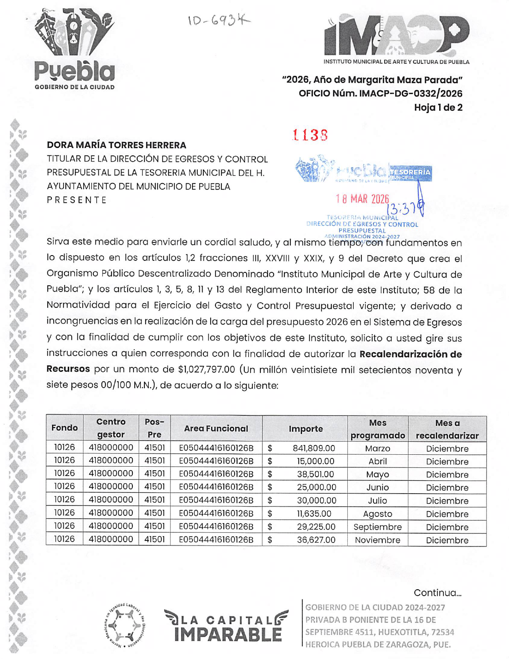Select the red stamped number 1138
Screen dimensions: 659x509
(310, 135)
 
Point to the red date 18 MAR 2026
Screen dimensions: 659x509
(362, 199)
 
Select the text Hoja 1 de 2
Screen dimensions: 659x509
(438, 107)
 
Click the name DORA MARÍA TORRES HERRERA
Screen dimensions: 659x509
(116, 145)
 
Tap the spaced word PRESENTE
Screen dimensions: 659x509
(77, 200)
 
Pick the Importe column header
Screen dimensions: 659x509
(306, 429)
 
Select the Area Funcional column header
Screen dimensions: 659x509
(216, 429)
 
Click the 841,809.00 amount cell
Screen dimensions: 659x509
(314, 448)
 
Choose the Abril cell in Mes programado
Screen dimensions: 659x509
(377, 462)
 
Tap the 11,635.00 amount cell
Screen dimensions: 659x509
(314, 514)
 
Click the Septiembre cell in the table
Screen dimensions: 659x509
(377, 527)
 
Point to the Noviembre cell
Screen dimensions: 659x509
(377, 540)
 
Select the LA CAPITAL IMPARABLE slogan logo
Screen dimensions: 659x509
(226, 626)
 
